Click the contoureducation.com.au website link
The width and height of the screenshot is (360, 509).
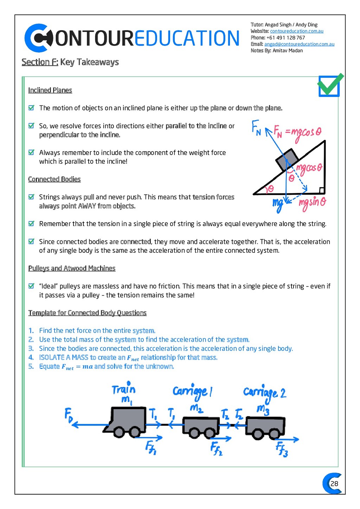click(x=296, y=31)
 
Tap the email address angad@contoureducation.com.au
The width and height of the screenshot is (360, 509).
click(x=299, y=44)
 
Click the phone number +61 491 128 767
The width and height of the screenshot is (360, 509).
click(x=285, y=38)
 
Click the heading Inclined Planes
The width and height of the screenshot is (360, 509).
click(x=50, y=90)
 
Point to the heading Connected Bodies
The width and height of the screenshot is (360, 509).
click(x=54, y=179)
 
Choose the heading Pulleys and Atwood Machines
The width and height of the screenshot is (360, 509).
click(x=72, y=269)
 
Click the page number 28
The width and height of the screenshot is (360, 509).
click(x=334, y=483)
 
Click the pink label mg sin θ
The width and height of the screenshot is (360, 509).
click(x=312, y=203)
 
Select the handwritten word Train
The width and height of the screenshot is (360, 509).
click(x=123, y=389)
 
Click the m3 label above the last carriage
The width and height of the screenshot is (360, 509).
click(x=263, y=409)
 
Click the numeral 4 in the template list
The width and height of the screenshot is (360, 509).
click(x=31, y=357)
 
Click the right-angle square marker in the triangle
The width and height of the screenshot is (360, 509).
click(x=321, y=191)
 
